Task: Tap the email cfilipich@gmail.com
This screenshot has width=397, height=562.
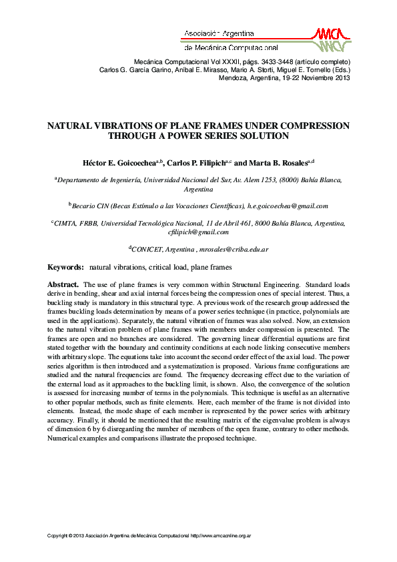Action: pyautogui.click(x=199, y=232)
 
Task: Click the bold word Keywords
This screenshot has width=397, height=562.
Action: pyautogui.click(x=65, y=267)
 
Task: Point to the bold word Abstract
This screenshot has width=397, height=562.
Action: pyautogui.click(x=63, y=284)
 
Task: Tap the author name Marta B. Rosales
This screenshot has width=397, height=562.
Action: pyautogui.click(x=278, y=163)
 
